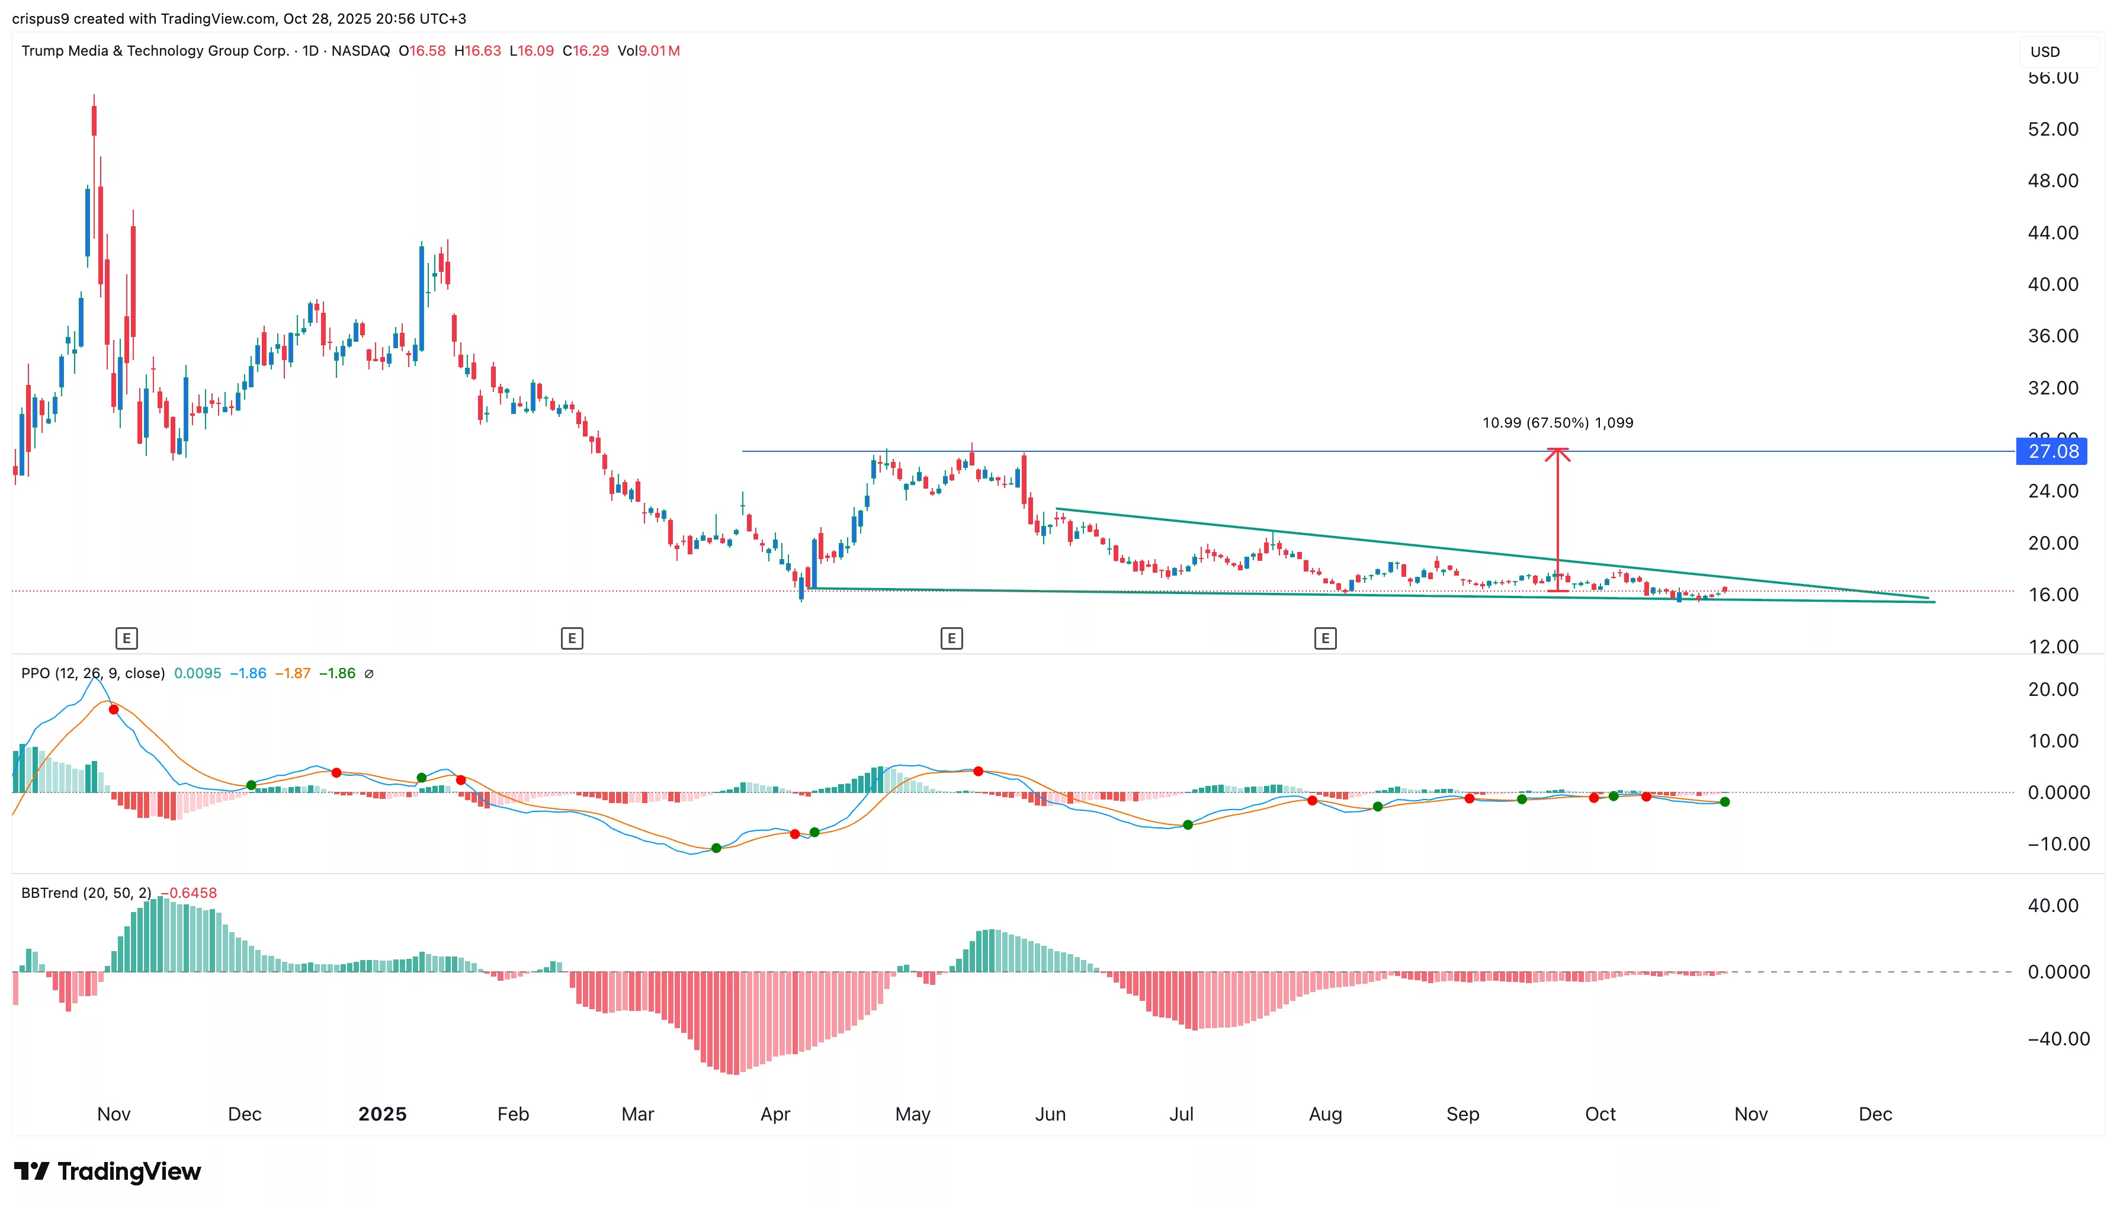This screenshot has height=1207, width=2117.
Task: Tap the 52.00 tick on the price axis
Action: coord(2052,129)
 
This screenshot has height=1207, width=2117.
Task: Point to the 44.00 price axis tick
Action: coord(2052,233)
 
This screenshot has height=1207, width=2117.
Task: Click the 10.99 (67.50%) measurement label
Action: coord(1557,423)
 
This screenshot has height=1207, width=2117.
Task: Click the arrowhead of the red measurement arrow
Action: coord(1557,452)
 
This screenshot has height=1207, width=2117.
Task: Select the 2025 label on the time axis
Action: coord(382,1114)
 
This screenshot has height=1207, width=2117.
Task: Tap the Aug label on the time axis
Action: coord(1324,1114)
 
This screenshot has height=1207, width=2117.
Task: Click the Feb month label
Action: coord(513,1114)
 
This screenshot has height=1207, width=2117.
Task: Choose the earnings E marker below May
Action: coord(951,638)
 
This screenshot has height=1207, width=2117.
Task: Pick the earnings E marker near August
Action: coord(1324,638)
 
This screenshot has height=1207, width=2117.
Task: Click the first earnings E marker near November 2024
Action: coord(126,638)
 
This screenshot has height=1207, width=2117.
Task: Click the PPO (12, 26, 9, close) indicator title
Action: coord(93,673)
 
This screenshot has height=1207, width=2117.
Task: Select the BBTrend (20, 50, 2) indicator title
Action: coord(86,893)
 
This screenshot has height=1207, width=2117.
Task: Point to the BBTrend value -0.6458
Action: coord(189,893)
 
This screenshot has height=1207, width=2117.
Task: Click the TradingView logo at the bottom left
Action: coord(108,1171)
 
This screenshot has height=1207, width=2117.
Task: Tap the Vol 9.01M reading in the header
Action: coord(648,50)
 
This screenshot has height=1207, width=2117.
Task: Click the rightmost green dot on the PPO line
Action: coord(1725,802)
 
